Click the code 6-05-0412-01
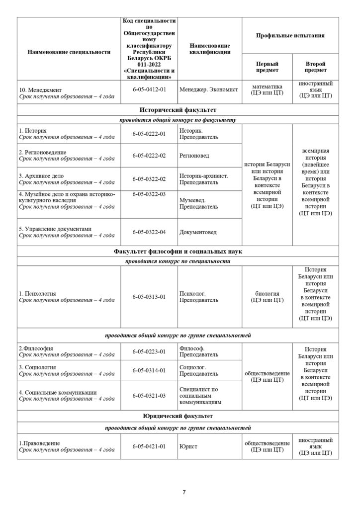tap(149, 89)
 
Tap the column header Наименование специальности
tap(69, 52)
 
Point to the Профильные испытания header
tap(290, 36)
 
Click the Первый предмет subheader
tap(267, 67)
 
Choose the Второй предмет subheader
tap(316, 67)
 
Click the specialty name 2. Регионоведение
tap(42, 152)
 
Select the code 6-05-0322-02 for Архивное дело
tap(149, 179)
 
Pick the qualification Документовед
tap(198, 232)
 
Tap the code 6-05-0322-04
tap(149, 232)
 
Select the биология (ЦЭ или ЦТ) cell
tap(267, 297)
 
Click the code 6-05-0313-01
tap(149, 297)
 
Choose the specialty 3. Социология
tap(37, 367)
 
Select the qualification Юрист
tap(188, 446)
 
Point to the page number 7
tap(184, 492)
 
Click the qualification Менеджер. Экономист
tap(209, 89)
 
